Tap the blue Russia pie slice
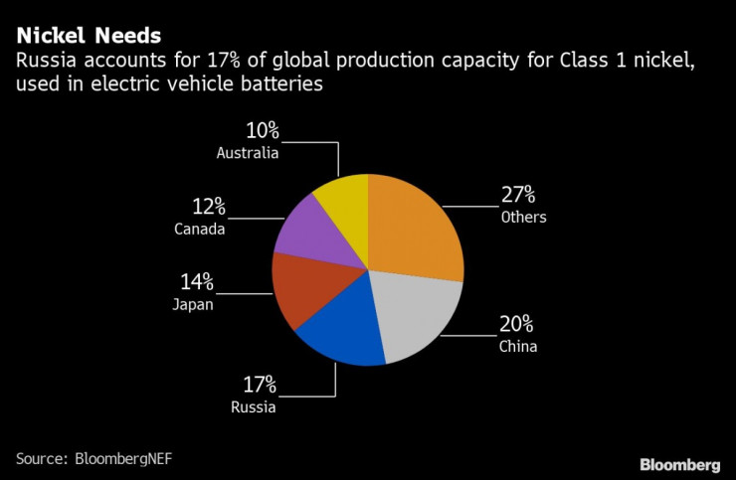pos(340,333)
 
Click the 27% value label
pos(519,194)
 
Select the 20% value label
pos(517,324)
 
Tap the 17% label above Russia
pos(260,385)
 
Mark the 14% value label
pos(197,282)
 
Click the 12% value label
pos(208,207)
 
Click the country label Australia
pos(248,153)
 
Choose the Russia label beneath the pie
pos(254,406)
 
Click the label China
pos(518,347)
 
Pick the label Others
pos(523,217)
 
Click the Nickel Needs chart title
pos(88,37)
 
